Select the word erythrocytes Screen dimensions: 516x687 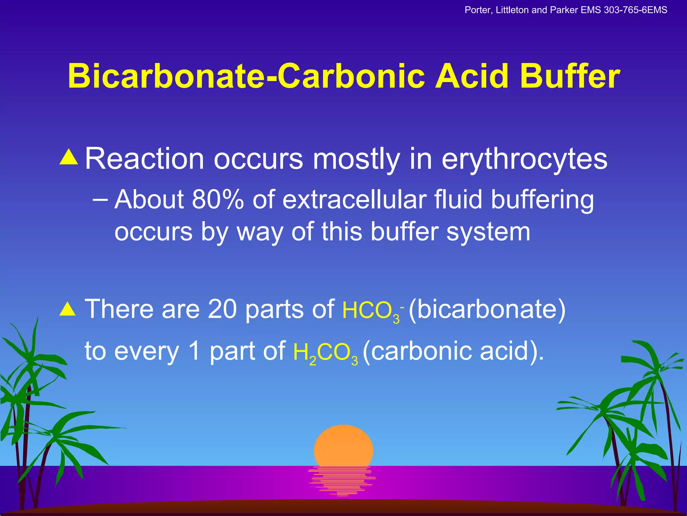(x=524, y=160)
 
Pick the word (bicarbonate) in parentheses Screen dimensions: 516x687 (x=487, y=309)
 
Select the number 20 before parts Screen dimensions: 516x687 (x=222, y=309)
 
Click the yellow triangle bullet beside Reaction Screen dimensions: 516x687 (x=69, y=157)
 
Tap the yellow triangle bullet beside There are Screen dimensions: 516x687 (x=68, y=309)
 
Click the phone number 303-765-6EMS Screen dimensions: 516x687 (x=635, y=10)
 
